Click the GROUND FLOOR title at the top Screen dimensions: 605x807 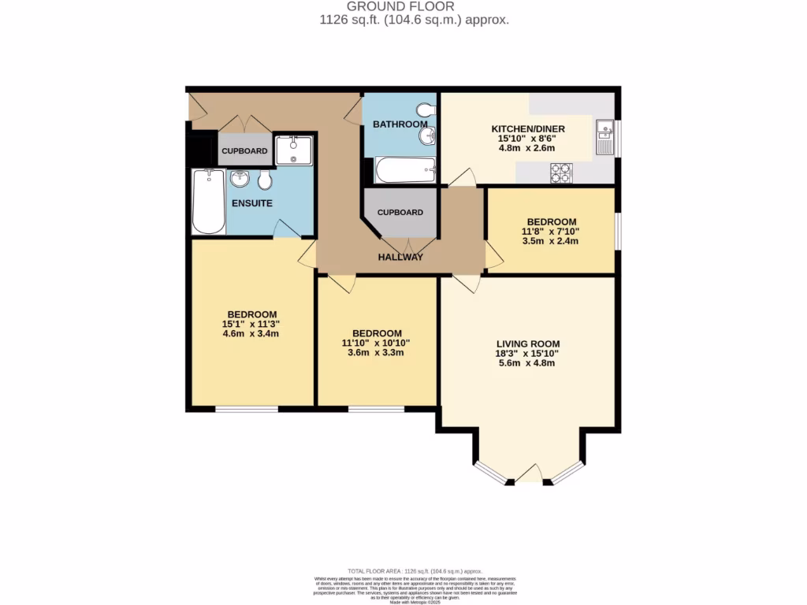pos(403,6)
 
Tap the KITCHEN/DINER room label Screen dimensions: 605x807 pos(528,129)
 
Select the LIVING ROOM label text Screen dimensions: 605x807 pos(528,343)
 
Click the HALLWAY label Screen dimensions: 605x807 pos(400,258)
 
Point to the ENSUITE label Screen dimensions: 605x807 pos(252,203)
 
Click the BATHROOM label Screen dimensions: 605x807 pos(400,124)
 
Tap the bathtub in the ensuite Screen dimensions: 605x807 pos(209,202)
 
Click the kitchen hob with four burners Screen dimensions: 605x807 pos(562,173)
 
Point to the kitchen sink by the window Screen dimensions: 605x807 pos(605,139)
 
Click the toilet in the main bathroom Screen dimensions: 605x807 pos(425,109)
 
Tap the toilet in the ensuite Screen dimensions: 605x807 pos(266,180)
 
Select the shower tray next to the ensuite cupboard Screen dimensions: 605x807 pos(294,149)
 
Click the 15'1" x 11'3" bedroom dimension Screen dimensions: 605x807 pos(251,323)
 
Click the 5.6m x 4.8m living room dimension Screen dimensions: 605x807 pos(528,364)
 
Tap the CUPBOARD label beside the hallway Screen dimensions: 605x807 pos(400,213)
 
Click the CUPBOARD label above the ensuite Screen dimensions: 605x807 pos(244,151)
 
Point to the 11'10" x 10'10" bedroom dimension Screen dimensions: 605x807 pos(377,343)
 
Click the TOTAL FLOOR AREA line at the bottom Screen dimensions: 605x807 pos(403,571)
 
